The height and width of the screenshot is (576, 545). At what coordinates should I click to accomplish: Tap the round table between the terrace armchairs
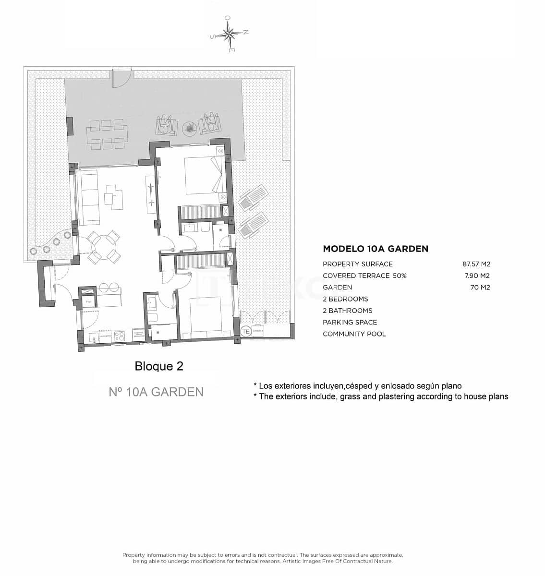point(189,127)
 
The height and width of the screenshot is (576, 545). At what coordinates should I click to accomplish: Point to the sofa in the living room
point(88,199)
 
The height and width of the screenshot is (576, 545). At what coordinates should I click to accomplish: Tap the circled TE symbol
point(245,331)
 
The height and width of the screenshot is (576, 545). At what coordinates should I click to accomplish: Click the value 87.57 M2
point(476,264)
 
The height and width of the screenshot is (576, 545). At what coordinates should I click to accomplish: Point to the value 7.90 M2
point(478,276)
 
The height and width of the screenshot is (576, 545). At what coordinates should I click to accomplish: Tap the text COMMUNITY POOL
point(354,334)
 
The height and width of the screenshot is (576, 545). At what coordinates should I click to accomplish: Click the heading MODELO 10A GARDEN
point(375,249)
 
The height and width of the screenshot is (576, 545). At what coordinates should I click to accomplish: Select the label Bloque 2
point(159,366)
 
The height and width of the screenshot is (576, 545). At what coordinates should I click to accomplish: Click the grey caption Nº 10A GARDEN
point(156,392)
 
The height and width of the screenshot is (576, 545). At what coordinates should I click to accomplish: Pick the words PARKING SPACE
point(350,322)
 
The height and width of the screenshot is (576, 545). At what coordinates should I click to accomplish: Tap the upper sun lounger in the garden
point(252,197)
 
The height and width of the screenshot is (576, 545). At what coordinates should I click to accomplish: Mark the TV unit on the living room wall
point(151,194)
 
